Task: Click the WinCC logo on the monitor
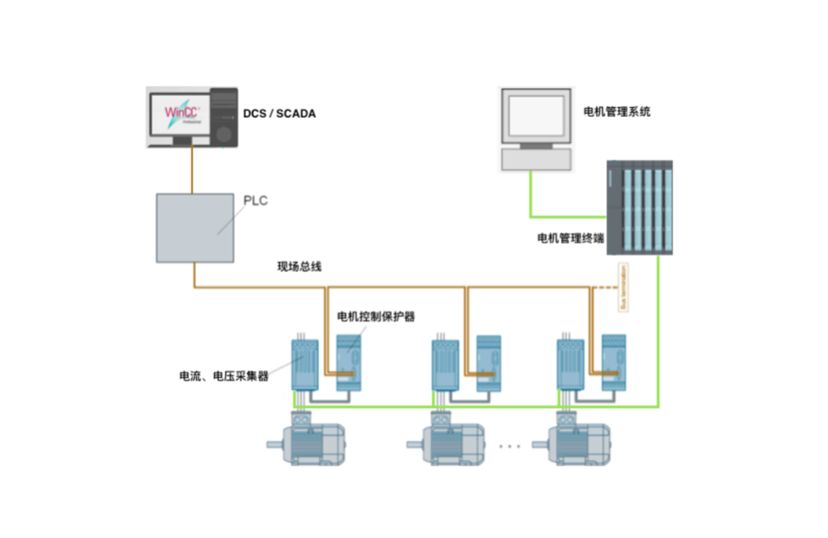[181, 112]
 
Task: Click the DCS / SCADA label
[279, 114]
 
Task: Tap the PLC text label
[256, 201]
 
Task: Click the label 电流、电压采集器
[224, 376]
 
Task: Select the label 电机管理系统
[616, 111]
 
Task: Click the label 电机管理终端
[570, 238]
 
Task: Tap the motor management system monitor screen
[536, 115]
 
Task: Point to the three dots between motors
[509, 446]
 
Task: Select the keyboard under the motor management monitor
[536, 159]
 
